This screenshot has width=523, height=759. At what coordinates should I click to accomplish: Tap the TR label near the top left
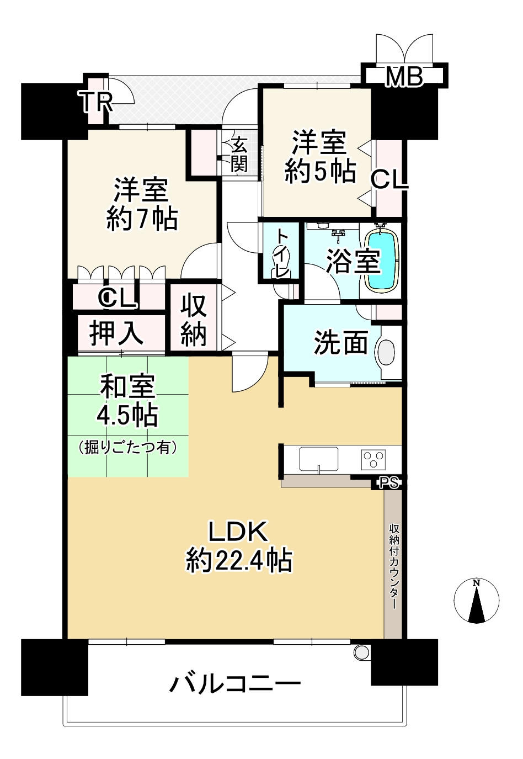coord(96,102)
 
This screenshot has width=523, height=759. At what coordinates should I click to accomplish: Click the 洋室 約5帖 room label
coord(320,157)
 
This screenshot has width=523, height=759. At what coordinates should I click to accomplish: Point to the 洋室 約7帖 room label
coord(142,204)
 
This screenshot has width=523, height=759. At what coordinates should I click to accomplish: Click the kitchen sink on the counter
coord(318,459)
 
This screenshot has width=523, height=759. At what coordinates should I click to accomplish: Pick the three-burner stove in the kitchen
coord(373,459)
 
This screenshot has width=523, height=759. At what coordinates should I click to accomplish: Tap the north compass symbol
coord(476,602)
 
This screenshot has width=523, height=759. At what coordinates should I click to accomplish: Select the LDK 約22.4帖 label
coord(238,548)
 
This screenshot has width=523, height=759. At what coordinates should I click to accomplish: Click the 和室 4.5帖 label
coord(127,401)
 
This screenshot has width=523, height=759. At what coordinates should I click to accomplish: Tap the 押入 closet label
coord(116,333)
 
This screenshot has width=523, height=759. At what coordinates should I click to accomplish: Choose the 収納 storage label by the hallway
coord(194,321)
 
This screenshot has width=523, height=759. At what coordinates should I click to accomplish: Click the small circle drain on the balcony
coord(362,651)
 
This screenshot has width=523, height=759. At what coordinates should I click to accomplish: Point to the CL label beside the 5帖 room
coord(389,181)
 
